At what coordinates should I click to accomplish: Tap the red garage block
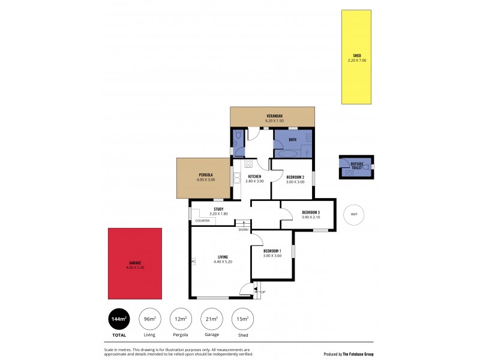pyautogui.click(x=135, y=264)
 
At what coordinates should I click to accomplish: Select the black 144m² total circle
pyautogui.click(x=119, y=319)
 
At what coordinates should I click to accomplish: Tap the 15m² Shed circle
pyautogui.click(x=243, y=319)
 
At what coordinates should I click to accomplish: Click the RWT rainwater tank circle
pyautogui.click(x=354, y=214)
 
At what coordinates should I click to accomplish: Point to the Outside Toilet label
pyautogui.click(x=356, y=165)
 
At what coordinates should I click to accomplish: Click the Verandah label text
pyautogui.click(x=274, y=116)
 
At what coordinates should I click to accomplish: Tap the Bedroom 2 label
pyautogui.click(x=295, y=177)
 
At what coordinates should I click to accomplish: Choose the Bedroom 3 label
pyautogui.click(x=311, y=212)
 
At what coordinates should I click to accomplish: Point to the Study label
pyautogui.click(x=218, y=209)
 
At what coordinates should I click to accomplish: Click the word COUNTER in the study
pyautogui.click(x=202, y=221)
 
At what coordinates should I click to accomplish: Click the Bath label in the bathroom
pyautogui.click(x=292, y=140)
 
